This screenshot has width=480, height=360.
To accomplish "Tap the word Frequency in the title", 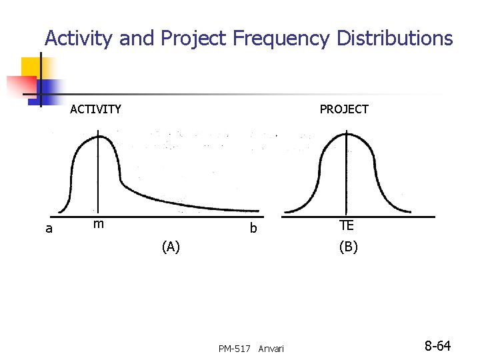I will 281,39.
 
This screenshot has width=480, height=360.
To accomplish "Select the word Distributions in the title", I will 395,38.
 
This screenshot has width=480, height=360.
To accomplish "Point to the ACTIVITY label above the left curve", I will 95,109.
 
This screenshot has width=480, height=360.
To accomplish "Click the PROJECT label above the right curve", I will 344,109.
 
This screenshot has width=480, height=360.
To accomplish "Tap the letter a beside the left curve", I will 49,229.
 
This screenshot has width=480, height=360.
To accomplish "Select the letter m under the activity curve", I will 98,224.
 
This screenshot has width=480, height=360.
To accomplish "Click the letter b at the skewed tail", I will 253,229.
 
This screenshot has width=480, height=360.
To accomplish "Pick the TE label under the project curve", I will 346,226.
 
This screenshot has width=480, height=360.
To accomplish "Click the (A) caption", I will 171,247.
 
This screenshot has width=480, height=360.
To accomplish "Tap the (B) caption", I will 348,247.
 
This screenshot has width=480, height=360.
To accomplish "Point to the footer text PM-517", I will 234,349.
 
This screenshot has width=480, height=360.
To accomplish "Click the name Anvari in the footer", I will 271,349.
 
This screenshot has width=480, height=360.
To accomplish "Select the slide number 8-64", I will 438,346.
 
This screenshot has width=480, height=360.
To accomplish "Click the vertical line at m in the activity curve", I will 99,173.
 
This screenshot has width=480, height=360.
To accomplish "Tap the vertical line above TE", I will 346,173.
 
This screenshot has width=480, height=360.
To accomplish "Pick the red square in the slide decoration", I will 20,86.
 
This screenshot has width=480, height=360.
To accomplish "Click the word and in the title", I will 135,39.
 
